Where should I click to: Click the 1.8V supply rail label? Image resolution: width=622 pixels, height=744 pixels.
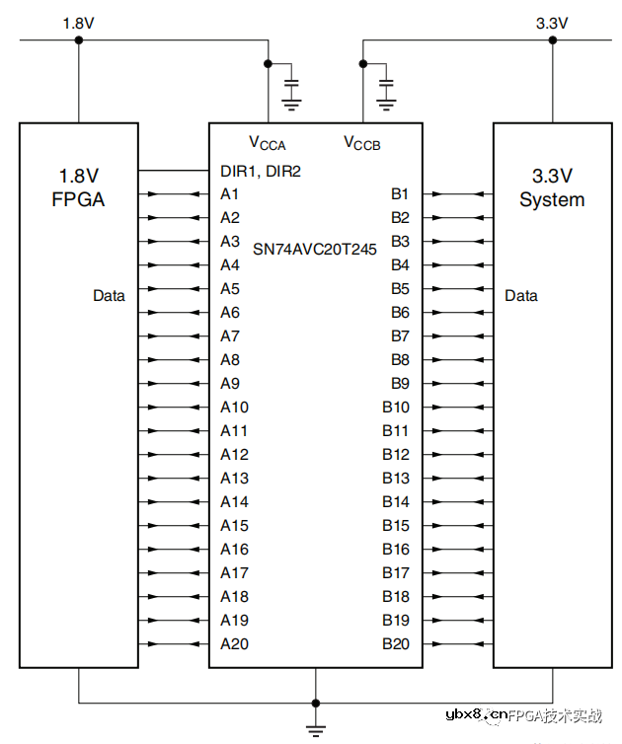[78, 22]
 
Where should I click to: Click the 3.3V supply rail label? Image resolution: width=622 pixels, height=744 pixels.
[551, 22]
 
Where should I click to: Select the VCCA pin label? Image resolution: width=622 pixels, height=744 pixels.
[267, 142]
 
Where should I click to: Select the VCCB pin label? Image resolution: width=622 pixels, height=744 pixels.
[361, 142]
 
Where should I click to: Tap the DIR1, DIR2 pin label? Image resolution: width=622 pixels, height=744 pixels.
[261, 171]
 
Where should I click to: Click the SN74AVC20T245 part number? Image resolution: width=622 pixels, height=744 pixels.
[315, 249]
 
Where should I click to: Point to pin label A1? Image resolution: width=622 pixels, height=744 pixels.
[230, 194]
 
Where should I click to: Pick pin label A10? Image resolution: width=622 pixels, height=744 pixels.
[234, 408]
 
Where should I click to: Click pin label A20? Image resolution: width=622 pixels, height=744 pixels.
[234, 644]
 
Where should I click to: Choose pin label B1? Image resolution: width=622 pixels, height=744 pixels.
[400, 194]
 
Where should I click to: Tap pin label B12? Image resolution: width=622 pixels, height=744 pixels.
[395, 455]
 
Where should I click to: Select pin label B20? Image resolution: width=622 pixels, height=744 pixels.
[395, 644]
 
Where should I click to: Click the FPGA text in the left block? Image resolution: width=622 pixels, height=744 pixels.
[78, 200]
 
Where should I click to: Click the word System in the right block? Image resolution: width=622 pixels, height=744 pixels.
[552, 200]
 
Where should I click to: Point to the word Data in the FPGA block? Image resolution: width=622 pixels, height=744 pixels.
[109, 295]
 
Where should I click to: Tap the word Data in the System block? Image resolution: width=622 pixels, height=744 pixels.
[521, 295]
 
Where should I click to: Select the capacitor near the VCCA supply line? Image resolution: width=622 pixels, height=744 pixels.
[291, 79]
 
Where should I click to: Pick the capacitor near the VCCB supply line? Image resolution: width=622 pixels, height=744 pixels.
[386, 79]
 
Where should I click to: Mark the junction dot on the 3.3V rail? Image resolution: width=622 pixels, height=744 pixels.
[553, 40]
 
